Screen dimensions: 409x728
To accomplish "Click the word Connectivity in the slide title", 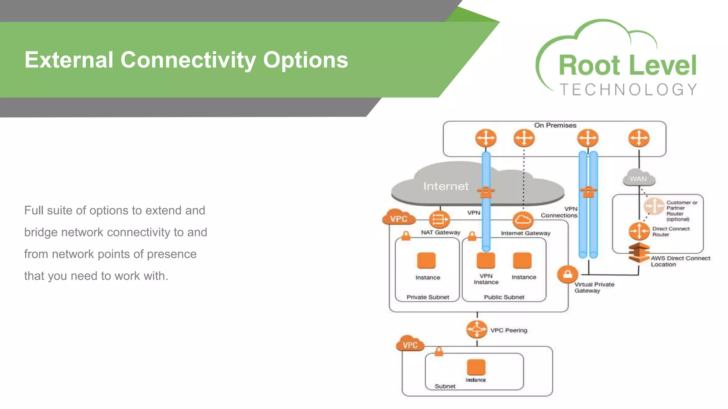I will click(188, 60).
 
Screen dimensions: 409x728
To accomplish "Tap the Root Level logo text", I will click(627, 66).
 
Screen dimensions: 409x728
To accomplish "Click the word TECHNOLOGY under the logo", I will click(628, 90).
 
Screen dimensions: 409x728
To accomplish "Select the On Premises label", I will click(555, 125).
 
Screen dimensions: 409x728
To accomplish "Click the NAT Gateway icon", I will click(439, 220).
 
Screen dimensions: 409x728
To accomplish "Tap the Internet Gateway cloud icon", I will click(523, 220).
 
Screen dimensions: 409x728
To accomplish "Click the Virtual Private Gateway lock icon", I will click(567, 274).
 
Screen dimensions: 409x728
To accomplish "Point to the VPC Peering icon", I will click(477, 329).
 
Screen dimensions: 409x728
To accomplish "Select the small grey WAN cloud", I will click(638, 178).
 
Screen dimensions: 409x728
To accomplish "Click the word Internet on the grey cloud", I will click(446, 186).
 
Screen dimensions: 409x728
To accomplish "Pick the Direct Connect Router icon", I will click(639, 231).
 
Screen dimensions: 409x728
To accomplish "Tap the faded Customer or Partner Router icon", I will click(654, 206).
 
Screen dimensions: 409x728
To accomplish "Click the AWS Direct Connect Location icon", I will click(639, 252).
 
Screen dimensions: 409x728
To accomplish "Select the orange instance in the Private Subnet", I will click(426, 261).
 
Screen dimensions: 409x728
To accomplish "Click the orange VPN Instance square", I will click(486, 261).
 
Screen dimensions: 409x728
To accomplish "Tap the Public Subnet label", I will click(504, 297).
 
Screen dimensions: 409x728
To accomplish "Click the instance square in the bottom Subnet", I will click(476, 367).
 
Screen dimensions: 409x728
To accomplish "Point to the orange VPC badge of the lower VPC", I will click(410, 344).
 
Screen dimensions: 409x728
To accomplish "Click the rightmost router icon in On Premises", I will click(639, 138).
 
